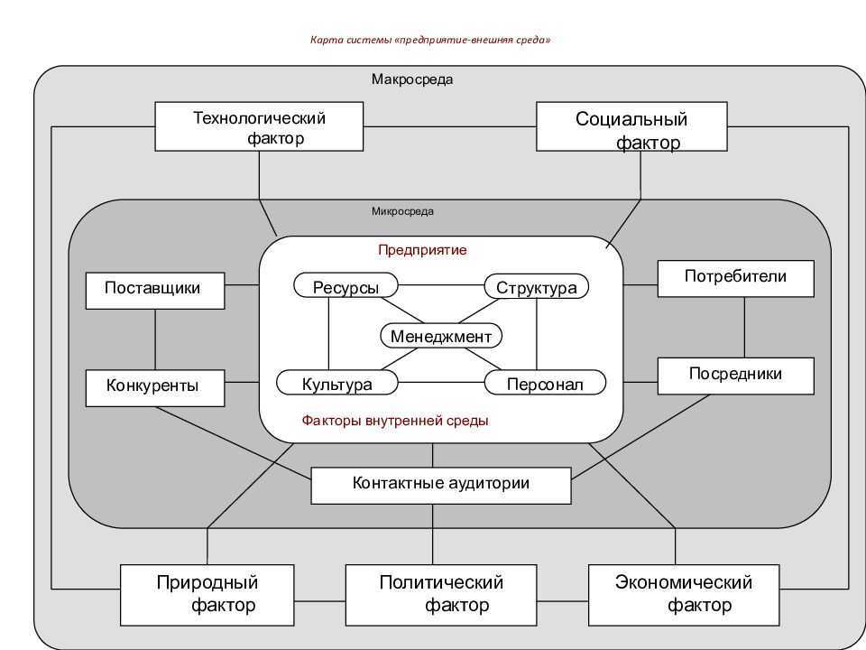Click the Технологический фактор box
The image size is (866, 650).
coord(259,126)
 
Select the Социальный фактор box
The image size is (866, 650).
coord(631,126)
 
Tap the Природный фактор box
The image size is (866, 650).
coord(207,595)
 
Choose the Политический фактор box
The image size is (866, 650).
coord(441,595)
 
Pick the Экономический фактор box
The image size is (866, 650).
coord(684,595)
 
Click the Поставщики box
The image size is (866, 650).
coord(155,291)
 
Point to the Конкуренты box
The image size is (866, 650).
coord(155,388)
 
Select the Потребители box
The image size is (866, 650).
coord(736,279)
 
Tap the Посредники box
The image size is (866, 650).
coord(736,376)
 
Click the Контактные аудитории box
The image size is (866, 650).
coord(441,486)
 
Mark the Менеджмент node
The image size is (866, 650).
coord(441,336)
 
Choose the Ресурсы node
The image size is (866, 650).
coord(345,286)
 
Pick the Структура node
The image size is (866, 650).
coord(536,286)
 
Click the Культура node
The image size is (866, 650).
coord(336,383)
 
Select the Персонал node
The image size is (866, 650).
coord(545,383)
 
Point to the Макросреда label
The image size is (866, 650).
coord(412,79)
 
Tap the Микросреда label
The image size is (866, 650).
coord(402,211)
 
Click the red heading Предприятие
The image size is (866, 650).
coord(422,250)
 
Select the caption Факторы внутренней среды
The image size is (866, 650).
coord(395,421)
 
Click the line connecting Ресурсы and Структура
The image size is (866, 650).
coord(441,285)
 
